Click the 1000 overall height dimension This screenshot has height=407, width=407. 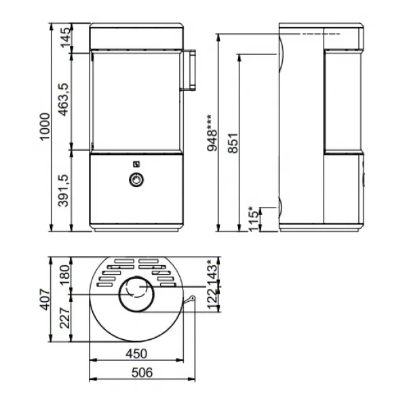44,127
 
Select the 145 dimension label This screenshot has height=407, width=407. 65,37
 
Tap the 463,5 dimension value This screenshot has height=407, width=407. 63,100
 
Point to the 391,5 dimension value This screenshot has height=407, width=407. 63,191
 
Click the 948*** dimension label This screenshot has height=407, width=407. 212,133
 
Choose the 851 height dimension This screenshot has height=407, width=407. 233,143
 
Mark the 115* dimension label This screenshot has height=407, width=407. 254,219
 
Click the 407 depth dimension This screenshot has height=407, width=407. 44,299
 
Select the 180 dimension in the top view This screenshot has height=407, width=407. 64,275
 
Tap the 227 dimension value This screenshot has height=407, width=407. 64,318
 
